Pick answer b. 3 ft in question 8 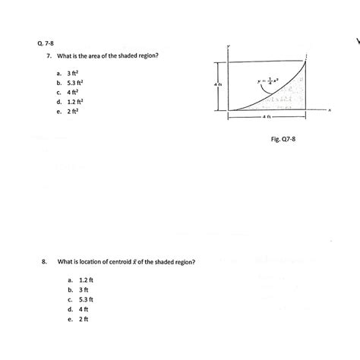tap(79, 290)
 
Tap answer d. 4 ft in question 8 tap(79, 310)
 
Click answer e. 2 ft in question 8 tap(79, 320)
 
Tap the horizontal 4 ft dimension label tap(266, 118)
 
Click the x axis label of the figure tap(331, 109)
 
